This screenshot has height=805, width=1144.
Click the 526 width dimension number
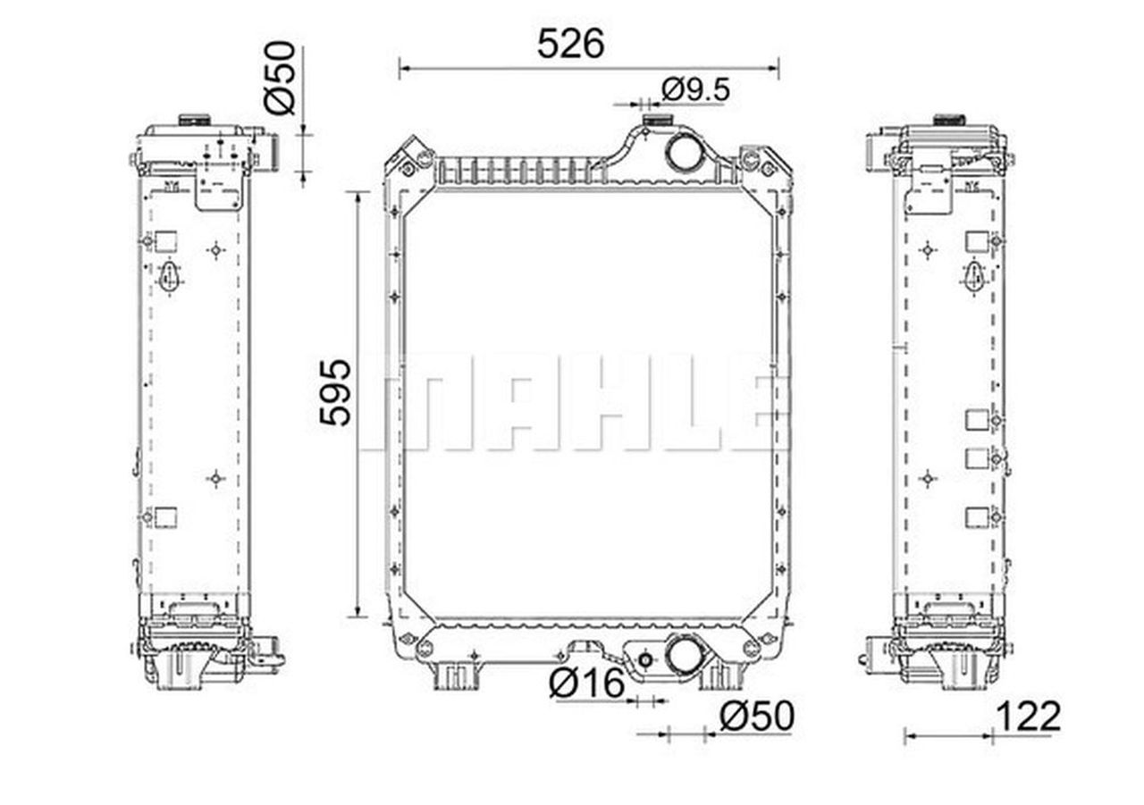point(570,44)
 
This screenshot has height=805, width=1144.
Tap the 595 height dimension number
point(335,392)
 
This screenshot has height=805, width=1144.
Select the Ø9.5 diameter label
point(695,90)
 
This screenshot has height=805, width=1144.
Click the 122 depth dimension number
point(1028,717)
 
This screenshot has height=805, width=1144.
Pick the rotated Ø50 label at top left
point(280,78)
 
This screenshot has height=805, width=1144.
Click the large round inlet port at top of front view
point(684,151)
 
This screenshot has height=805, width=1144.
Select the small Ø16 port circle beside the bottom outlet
point(645,660)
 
